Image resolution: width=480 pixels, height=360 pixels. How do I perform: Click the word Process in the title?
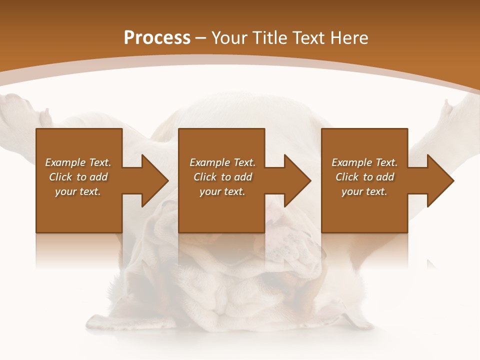[x=157, y=38]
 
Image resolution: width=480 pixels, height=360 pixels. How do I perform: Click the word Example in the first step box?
[x=65, y=162]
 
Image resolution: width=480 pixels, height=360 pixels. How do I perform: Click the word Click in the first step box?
[x=60, y=177]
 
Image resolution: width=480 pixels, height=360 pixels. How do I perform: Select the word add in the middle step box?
[x=243, y=177]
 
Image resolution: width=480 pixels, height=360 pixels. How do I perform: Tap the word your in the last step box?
[x=352, y=191]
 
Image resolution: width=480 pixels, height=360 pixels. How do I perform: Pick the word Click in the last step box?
[x=347, y=177]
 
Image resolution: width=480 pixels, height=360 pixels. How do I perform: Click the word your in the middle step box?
[x=210, y=191]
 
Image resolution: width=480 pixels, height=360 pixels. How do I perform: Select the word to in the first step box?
[x=81, y=177]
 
